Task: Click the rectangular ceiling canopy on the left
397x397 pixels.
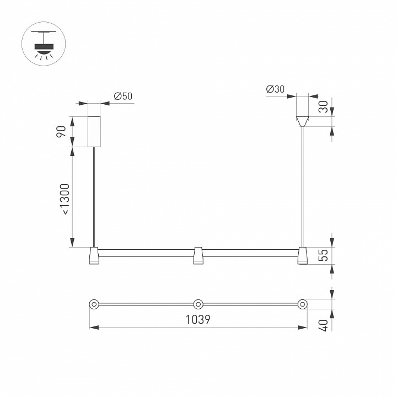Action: coord(94,132)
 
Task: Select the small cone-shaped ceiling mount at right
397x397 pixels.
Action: coord(302,120)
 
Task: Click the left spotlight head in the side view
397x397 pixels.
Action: coord(94,255)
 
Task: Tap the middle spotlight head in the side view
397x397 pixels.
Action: coord(198,255)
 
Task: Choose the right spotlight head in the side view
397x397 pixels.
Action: coord(302,255)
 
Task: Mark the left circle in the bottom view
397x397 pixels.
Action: coord(94,304)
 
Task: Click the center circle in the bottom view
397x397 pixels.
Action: coord(198,304)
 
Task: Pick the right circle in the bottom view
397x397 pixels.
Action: coord(302,304)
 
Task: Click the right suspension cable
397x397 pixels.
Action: coord(302,187)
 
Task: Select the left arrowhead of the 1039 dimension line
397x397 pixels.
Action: coord(93,328)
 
